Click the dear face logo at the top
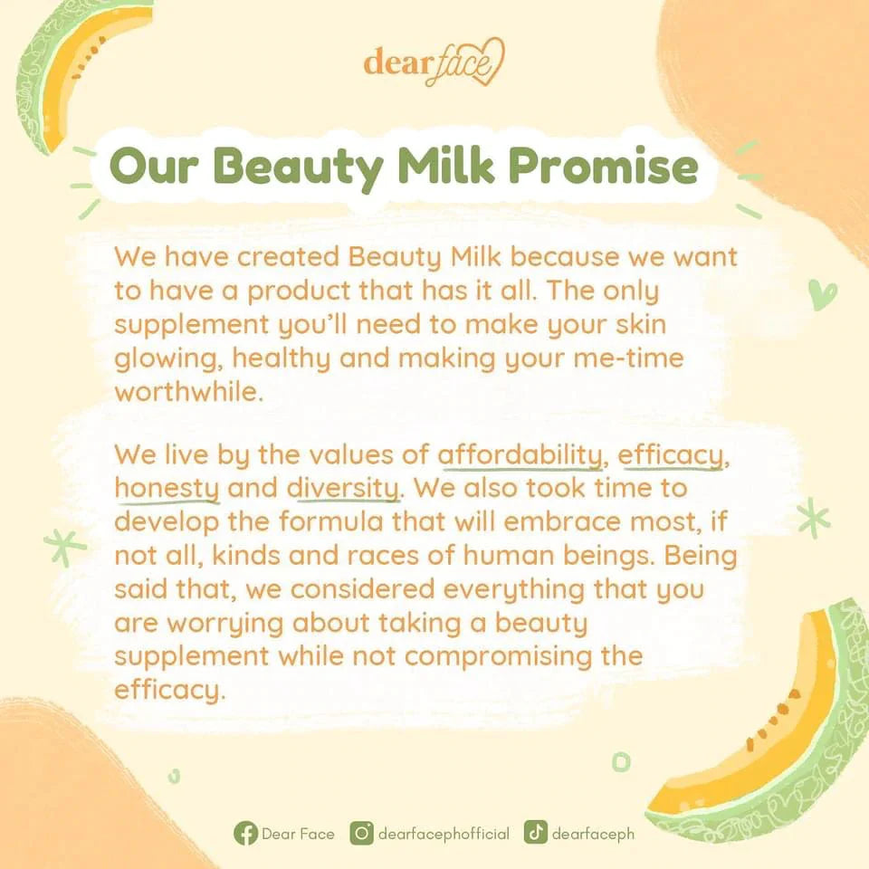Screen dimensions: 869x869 [434, 62]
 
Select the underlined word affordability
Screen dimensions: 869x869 [520, 456]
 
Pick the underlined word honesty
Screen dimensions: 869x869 [167, 490]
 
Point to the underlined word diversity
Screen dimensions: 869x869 [343, 490]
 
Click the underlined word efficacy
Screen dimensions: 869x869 [670, 456]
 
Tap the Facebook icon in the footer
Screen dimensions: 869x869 [245, 834]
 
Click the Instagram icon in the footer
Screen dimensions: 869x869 [362, 833]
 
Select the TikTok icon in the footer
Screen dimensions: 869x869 [535, 833]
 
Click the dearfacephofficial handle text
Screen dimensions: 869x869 [444, 834]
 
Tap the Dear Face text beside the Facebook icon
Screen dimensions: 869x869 [298, 834]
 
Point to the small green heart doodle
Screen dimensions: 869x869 [822, 294]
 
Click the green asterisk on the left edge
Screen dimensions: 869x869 [65, 548]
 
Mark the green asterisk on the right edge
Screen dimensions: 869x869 [814, 518]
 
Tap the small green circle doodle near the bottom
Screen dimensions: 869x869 [621, 761]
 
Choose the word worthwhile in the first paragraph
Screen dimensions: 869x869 [188, 392]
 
